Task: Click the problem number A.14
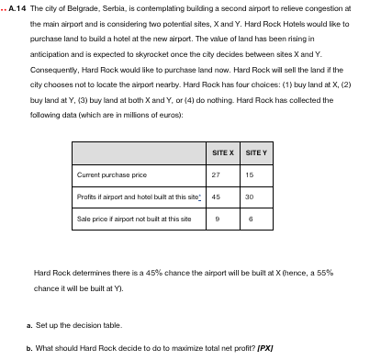pyautogui.click(x=16, y=7)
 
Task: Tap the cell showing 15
pyautogui.click(x=249, y=174)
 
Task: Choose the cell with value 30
pyautogui.click(x=249, y=197)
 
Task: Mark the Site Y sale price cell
pyautogui.click(x=249, y=219)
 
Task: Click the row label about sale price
pyautogui.click(x=134, y=219)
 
